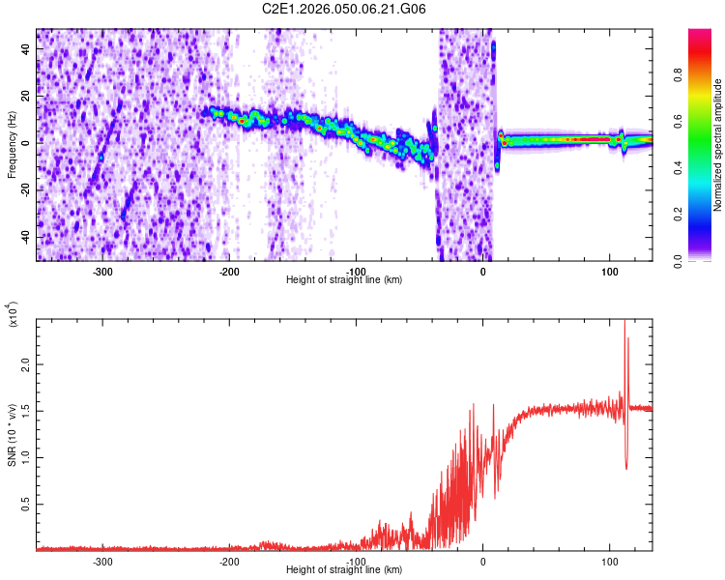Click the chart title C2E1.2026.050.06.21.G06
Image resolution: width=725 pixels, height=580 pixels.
tap(345, 9)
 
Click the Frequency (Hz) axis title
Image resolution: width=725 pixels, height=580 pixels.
tap(12, 145)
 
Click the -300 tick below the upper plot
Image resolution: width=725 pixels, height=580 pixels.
tap(102, 271)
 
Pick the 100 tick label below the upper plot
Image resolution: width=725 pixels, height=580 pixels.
tap(610, 271)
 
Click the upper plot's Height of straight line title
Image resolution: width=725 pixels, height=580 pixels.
tap(345, 280)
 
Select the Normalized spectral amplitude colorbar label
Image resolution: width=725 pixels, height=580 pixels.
tap(718, 145)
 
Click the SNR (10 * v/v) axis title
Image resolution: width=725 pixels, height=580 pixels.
tap(12, 435)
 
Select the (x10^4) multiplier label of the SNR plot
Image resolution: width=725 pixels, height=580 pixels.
tap(14, 314)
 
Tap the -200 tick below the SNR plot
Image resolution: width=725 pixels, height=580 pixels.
tap(229, 560)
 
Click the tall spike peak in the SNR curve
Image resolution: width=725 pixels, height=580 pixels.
tap(624, 323)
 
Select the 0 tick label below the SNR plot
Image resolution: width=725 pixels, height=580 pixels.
tap(483, 560)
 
